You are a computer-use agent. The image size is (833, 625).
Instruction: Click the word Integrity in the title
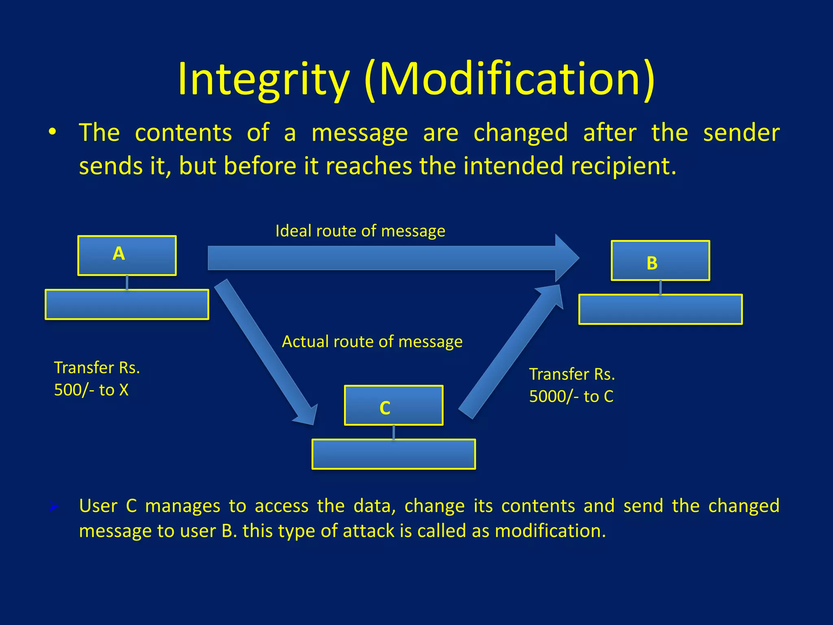[x=264, y=79]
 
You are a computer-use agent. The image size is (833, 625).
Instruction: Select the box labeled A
[x=127, y=256]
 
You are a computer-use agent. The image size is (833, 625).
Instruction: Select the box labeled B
[x=660, y=261]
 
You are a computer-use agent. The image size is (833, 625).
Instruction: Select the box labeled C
[x=393, y=405]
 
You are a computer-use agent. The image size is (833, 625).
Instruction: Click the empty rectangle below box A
[x=127, y=305]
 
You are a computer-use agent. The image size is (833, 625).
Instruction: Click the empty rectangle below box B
[x=660, y=310]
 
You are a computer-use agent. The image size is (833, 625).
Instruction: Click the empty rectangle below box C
[x=393, y=454]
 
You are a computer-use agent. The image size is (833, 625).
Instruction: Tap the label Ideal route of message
[x=360, y=231]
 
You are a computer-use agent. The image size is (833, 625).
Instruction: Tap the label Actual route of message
[x=372, y=342]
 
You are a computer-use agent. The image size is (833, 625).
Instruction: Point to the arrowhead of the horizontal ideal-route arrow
[x=567, y=258]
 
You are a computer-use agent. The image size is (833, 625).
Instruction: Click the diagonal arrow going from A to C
[x=264, y=350]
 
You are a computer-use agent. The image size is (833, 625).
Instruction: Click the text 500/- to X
[x=91, y=390]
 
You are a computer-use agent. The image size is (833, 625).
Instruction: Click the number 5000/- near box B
[x=554, y=397]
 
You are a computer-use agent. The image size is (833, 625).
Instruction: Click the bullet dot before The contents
[x=52, y=133]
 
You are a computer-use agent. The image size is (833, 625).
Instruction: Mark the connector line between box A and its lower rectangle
[x=127, y=282]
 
